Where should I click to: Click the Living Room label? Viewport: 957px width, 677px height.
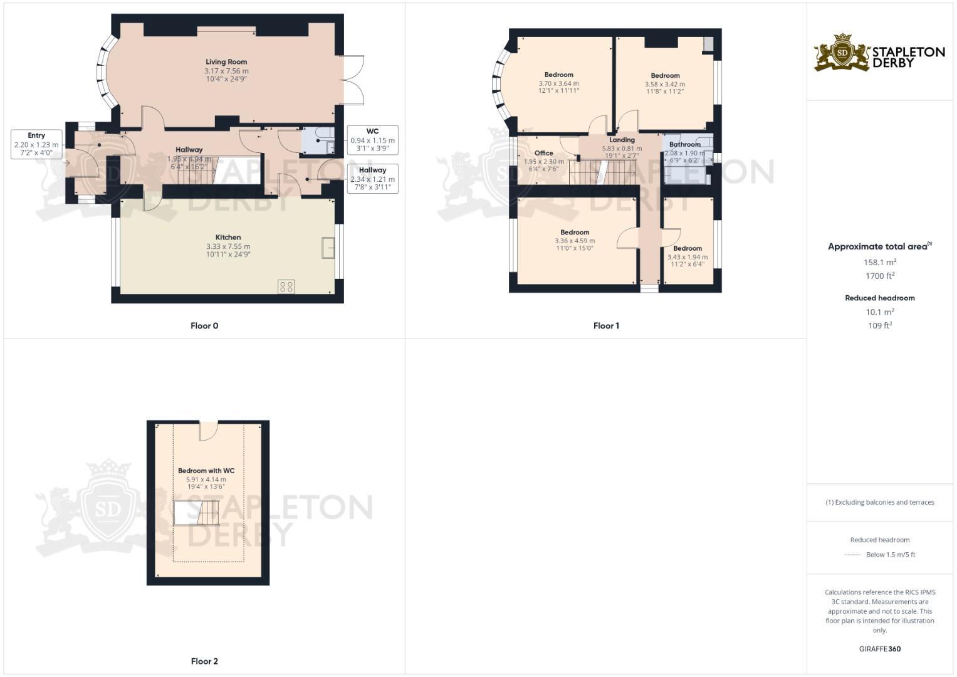[226, 62]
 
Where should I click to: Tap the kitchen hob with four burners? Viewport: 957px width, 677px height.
[286, 287]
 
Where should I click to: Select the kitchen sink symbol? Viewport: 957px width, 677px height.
[328, 247]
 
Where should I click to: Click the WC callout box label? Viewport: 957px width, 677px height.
[372, 132]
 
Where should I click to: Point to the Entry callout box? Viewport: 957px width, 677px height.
[36, 144]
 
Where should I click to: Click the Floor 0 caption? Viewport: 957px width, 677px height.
[204, 326]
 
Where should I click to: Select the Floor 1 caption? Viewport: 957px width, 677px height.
[606, 326]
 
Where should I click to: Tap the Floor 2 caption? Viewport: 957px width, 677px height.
[204, 661]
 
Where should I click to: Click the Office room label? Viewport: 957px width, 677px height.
[543, 153]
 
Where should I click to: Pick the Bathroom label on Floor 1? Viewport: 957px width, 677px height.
[684, 144]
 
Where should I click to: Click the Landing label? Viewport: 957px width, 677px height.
[622, 140]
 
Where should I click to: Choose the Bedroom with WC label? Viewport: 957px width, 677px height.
[206, 471]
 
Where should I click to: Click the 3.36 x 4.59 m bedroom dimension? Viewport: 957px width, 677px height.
[575, 241]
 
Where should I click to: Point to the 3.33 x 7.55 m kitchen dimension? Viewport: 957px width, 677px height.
[228, 246]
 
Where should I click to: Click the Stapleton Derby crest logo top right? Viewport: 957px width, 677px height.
[842, 53]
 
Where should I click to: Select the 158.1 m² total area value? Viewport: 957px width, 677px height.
[880, 263]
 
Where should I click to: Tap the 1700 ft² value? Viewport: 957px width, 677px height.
[880, 276]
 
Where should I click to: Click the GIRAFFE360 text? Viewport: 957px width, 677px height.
[880, 649]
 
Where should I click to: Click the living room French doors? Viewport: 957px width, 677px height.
[355, 79]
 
